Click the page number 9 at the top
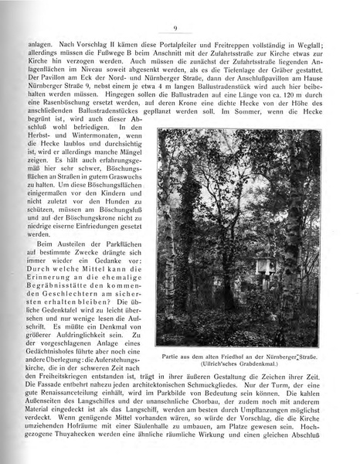coord(177,29)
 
